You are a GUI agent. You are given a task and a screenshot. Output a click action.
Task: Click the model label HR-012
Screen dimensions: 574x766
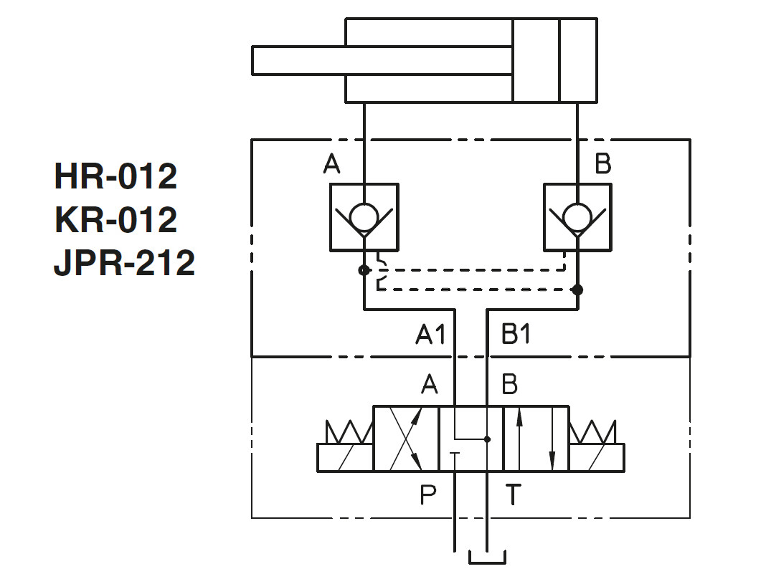115,176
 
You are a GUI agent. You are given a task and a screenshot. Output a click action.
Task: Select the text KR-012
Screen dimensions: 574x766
115,220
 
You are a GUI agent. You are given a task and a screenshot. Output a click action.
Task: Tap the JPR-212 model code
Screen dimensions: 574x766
124,264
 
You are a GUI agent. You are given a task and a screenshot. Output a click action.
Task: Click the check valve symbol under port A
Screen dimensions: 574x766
364,217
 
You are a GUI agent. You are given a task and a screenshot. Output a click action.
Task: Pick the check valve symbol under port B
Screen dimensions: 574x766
577,217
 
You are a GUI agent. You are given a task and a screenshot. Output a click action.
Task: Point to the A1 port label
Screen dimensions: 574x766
430,335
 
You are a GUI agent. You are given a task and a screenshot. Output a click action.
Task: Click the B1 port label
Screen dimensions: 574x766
515,335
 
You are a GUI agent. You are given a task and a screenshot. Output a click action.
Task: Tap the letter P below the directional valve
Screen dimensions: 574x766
428,494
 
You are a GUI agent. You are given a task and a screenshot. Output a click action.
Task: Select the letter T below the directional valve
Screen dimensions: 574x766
513,494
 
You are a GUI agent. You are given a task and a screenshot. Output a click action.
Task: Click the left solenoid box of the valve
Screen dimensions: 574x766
345,457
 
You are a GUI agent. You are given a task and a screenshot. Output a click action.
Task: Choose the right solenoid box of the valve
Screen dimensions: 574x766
597,457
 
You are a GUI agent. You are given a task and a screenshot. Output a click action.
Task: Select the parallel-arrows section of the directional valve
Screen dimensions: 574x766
536,439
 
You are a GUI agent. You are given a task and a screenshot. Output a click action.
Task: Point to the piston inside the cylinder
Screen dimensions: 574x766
536,60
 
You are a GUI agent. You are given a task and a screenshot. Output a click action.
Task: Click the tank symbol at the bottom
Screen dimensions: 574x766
487,557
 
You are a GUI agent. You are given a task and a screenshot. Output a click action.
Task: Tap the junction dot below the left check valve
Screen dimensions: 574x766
364,270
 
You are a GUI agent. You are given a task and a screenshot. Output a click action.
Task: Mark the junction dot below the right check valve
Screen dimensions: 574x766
577,290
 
